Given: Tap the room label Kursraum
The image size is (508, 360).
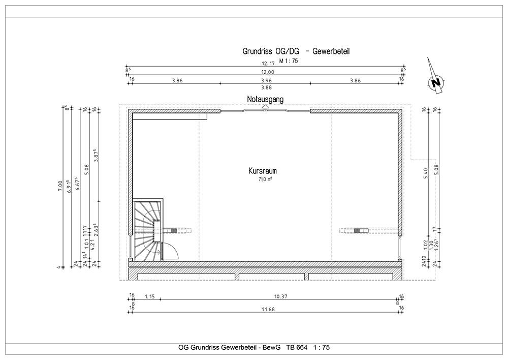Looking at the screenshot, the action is (263, 171).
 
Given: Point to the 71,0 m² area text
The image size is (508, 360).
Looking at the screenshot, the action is (265, 179).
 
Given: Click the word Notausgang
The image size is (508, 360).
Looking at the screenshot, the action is (265, 99).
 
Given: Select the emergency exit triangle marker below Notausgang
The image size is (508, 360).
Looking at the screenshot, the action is (265, 106).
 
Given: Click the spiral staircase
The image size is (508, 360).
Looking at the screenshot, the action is (147, 230).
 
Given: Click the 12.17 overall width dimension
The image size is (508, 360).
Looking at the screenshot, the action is (268, 64).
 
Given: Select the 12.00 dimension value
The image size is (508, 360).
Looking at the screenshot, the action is (268, 72).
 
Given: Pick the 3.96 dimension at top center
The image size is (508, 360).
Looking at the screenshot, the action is (266, 80).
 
